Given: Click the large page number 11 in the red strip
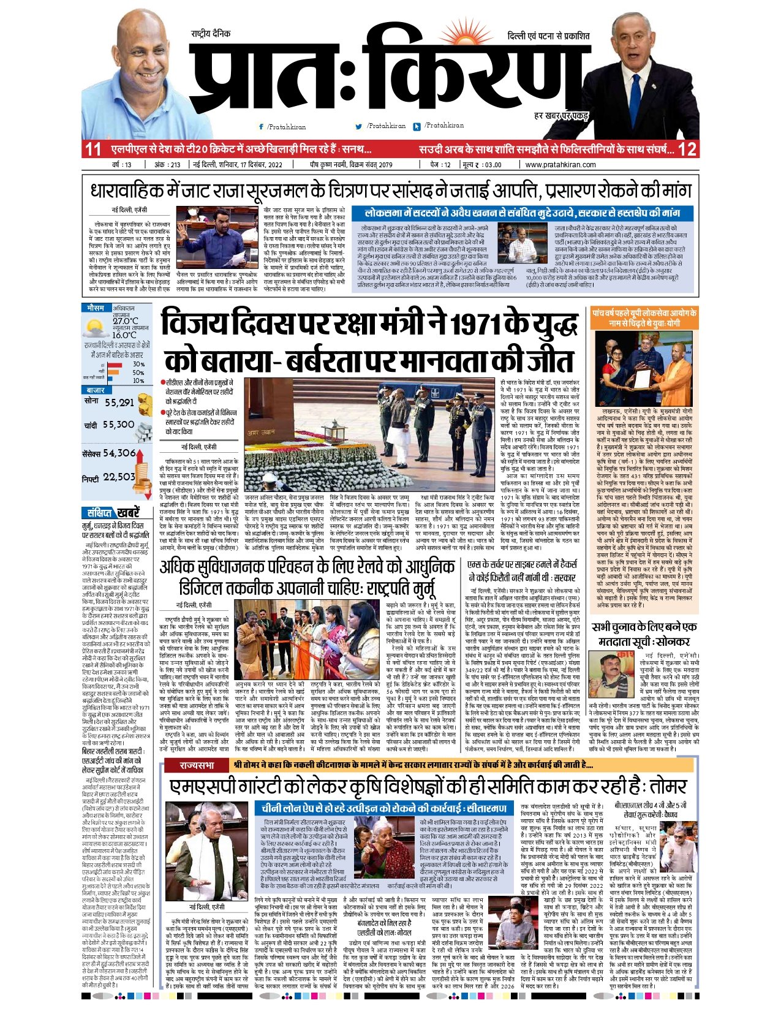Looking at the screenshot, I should pos(93,149).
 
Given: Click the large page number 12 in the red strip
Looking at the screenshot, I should pos(687,149).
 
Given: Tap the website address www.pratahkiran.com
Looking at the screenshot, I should pos(560,165).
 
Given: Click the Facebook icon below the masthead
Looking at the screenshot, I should pos(262,127).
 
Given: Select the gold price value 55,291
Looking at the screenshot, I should pos(119,403).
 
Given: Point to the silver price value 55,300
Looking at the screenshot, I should pos(118,424).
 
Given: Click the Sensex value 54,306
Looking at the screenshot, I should pos(119,453).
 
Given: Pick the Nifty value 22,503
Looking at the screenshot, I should pos(119,477).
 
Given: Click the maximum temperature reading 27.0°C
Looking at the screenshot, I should pos(126,321).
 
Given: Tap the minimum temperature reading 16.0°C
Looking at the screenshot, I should pos(124,335).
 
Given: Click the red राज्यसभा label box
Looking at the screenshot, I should pos(197,765).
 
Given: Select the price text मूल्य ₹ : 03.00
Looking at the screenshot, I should pos(482,165).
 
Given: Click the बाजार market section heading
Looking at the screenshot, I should pos(96,390).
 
